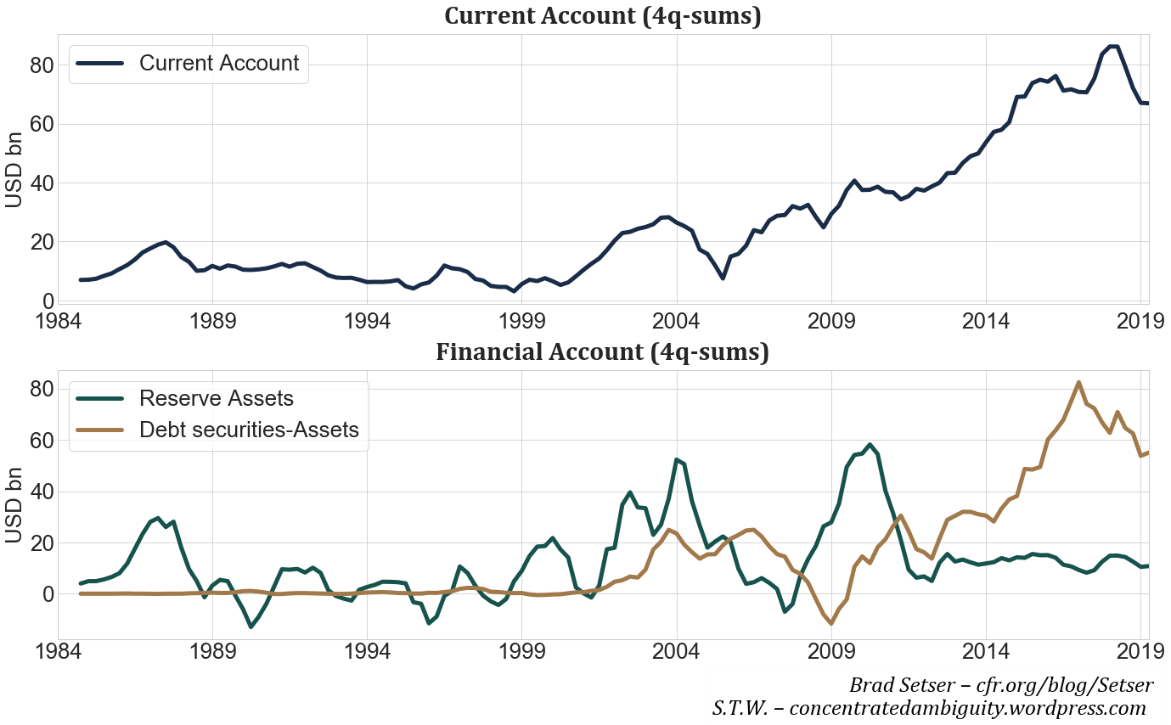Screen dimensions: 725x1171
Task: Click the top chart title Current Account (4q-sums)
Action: click(602, 16)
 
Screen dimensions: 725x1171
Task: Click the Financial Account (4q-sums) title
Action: click(602, 351)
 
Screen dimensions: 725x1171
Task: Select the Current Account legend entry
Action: click(218, 63)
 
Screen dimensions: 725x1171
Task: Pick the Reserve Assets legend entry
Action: click(216, 398)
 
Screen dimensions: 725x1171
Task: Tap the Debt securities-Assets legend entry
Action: click(249, 430)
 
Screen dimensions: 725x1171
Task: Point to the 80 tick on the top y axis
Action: click(42, 65)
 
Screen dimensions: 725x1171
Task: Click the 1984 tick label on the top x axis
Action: click(59, 322)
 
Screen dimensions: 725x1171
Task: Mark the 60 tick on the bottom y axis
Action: click(42, 441)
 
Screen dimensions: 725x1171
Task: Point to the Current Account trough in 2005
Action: click(723, 278)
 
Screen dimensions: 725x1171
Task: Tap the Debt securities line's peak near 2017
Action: click(1078, 382)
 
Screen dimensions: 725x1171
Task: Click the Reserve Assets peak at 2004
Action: click(677, 459)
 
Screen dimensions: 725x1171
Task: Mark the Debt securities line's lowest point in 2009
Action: click(831, 624)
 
